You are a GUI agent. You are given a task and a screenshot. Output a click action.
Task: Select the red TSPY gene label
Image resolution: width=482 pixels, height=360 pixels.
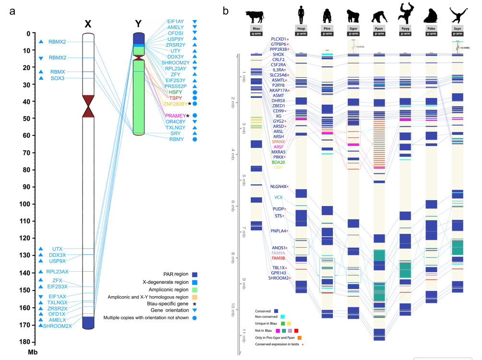click(176, 98)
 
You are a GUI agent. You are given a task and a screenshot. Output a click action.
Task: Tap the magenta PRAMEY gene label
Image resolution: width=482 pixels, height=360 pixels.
click(175, 116)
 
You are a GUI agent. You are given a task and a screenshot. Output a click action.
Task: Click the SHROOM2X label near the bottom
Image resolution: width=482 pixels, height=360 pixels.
click(58, 326)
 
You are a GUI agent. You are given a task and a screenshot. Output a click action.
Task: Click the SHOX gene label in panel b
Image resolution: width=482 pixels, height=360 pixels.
click(278, 54)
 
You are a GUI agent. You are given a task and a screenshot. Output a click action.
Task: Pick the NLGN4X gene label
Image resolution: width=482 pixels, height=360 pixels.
click(278, 186)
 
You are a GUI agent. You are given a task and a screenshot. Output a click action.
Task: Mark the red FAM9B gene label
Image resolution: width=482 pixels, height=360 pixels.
click(279, 258)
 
